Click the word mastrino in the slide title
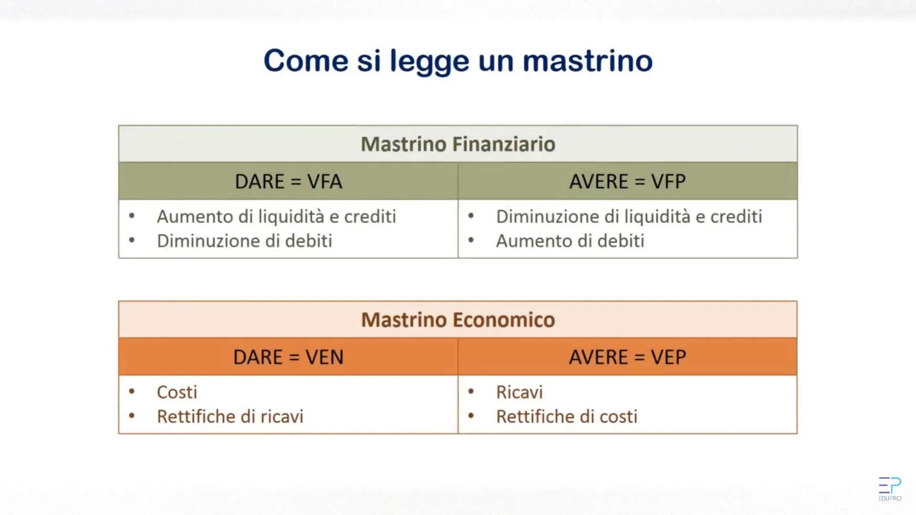tap(588, 61)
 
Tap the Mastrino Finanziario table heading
tap(458, 144)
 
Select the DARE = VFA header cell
tap(288, 181)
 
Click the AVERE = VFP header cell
tap(627, 181)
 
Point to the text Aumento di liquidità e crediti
tap(277, 216)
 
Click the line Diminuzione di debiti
tap(245, 241)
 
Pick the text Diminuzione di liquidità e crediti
tap(629, 216)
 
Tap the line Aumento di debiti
tap(570, 241)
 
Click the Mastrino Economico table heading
tap(458, 319)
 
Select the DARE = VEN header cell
tap(288, 357)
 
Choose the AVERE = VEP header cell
tap(627, 357)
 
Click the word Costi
tap(177, 392)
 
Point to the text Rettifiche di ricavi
tap(230, 416)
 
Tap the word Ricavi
tap(520, 392)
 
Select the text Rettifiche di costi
tap(567, 416)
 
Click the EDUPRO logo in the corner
tap(890, 489)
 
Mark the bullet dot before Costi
tap(132, 391)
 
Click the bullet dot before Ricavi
tap(471, 391)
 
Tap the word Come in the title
tap(306, 61)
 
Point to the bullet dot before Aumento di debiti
tap(471, 240)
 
